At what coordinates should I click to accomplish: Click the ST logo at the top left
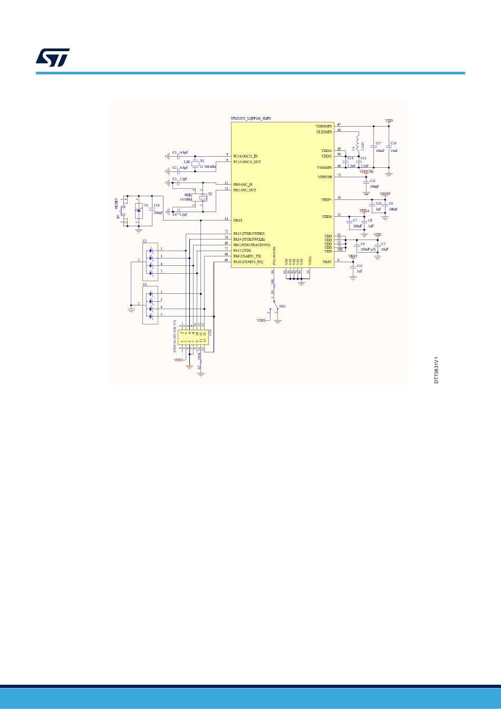53,58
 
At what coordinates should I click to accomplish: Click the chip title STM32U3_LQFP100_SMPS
250,119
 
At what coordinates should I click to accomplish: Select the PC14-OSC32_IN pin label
245,156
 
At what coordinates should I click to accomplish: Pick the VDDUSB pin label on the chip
324,177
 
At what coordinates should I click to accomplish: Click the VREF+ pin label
326,199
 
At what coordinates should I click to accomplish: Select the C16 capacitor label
393,143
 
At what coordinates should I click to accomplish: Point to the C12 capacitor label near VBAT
360,266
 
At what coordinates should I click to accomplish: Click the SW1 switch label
282,306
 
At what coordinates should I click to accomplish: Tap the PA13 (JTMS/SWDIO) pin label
249,233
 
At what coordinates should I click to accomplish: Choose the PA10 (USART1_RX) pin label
248,261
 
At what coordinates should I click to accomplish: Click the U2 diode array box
150,261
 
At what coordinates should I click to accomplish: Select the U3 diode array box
150,305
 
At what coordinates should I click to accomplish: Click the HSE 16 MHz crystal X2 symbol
201,198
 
